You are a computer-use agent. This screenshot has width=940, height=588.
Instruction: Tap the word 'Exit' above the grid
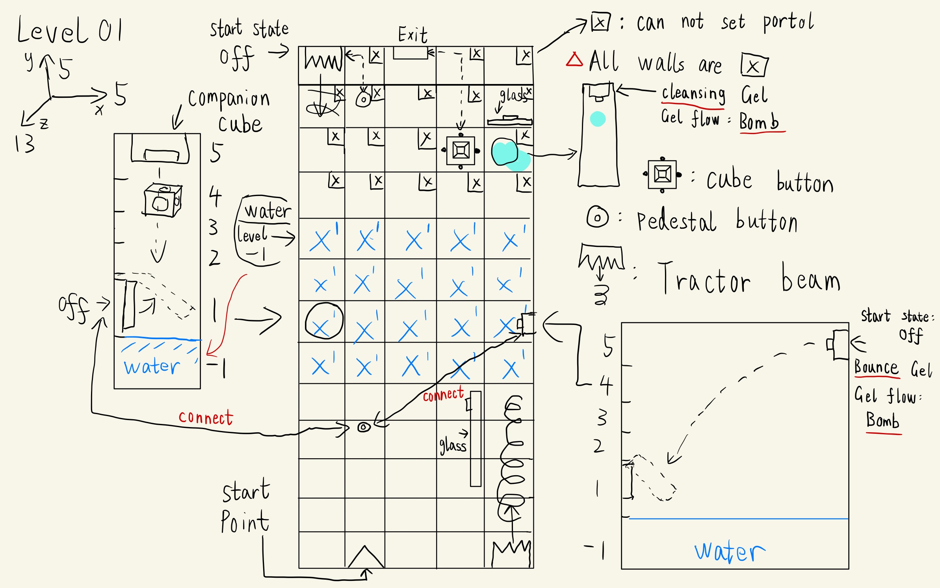point(412,35)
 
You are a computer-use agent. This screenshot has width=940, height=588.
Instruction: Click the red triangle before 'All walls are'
point(574,60)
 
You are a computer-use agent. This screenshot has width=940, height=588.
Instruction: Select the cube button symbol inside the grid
point(461,150)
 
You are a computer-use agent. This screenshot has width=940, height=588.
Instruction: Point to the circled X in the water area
point(324,321)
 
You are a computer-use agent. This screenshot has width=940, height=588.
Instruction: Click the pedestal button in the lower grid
point(364,427)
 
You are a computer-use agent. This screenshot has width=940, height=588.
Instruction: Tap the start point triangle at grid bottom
point(365,557)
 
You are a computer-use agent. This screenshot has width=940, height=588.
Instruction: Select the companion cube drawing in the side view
point(162,201)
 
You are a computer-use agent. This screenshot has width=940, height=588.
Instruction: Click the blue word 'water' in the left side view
point(152,366)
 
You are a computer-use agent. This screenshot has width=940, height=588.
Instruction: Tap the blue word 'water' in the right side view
point(730,551)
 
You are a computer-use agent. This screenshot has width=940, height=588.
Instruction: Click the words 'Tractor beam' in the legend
point(749,280)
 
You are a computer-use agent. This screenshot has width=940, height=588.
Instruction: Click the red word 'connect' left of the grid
point(206,418)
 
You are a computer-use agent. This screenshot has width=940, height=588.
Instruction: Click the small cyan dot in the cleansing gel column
point(598,119)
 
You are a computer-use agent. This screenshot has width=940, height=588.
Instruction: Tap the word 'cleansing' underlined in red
point(693,94)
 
